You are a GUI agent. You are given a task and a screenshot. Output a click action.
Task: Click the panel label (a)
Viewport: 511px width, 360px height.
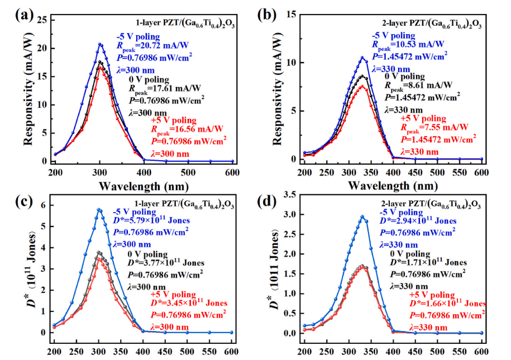[x=24, y=15]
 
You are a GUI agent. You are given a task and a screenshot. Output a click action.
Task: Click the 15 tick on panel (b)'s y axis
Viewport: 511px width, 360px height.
[x=294, y=15]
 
